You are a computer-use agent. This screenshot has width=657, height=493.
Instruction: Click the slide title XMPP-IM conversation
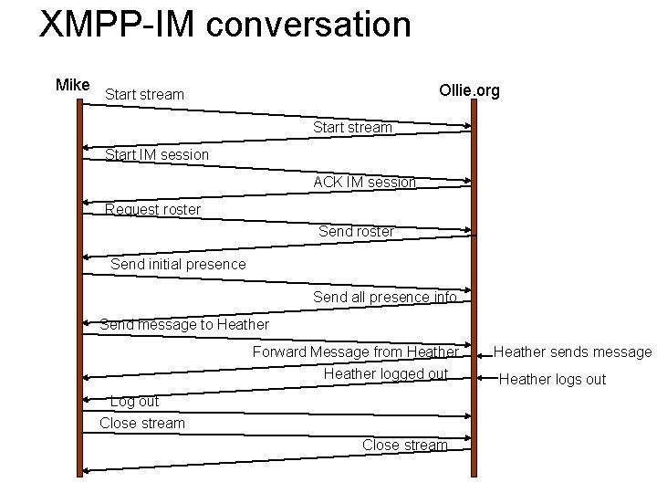225,25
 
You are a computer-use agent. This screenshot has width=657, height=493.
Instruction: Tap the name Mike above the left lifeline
73,85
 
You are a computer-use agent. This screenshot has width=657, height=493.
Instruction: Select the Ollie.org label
469,90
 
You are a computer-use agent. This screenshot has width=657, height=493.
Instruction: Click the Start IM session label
157,154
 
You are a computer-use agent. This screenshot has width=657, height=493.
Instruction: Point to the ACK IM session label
364,182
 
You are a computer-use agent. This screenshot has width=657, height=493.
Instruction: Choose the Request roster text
152,209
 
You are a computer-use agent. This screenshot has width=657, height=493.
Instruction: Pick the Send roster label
356,232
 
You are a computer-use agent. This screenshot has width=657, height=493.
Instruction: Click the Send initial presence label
178,264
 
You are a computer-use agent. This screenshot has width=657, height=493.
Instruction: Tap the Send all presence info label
384,297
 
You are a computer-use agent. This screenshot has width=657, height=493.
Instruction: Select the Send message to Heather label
184,324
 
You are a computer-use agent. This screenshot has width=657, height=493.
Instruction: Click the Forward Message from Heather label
355,351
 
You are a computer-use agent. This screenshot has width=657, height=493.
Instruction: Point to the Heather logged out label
385,373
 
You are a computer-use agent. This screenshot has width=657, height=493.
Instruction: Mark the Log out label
134,401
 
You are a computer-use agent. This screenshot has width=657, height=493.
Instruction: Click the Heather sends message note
572,351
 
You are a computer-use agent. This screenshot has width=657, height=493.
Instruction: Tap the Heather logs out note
552,379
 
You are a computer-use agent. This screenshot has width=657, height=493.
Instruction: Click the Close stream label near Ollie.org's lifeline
404,445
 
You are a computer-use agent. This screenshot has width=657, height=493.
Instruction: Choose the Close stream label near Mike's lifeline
141,423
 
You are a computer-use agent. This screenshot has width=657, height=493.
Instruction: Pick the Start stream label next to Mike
144,94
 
